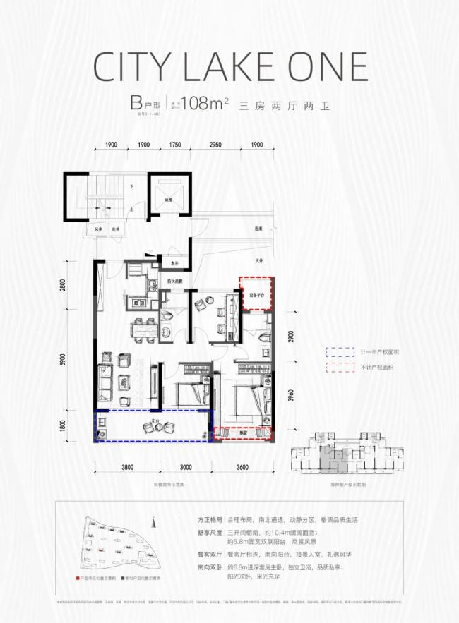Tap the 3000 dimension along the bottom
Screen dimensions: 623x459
click(x=186, y=467)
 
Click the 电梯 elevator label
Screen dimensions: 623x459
click(x=168, y=200)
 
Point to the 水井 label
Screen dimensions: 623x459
click(x=174, y=264)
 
